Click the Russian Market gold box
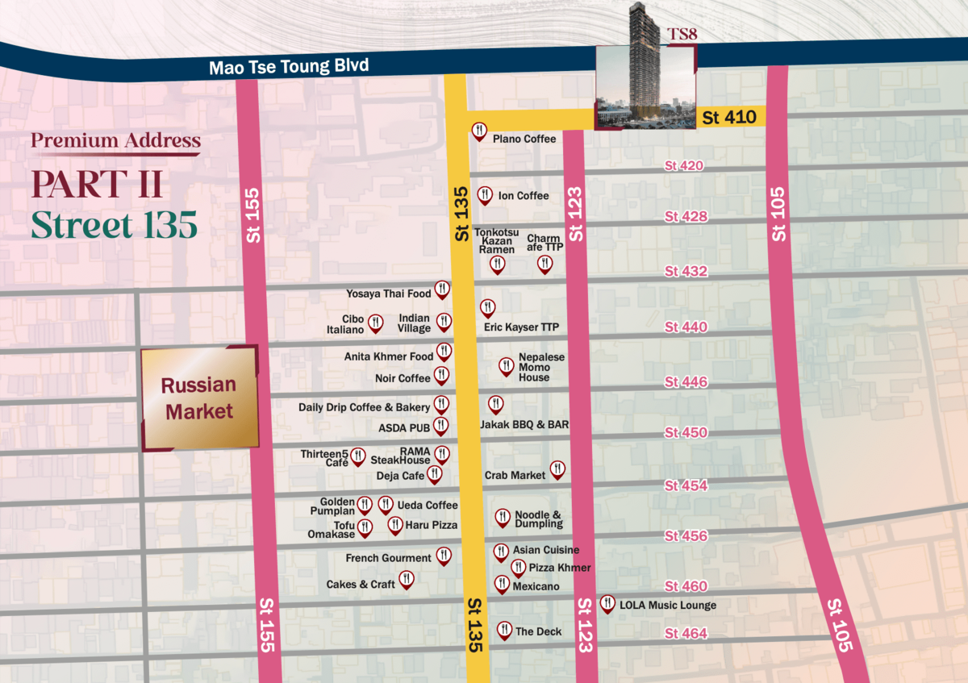pyautogui.click(x=199, y=398)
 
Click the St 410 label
pyautogui.click(x=729, y=118)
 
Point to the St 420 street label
pyautogui.click(x=684, y=166)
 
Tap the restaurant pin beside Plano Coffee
pyautogui.click(x=479, y=131)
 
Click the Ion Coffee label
pyautogui.click(x=523, y=196)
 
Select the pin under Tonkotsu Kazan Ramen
pyautogui.click(x=497, y=264)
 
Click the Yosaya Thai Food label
pyautogui.click(x=389, y=294)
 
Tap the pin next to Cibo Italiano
pyautogui.click(x=376, y=323)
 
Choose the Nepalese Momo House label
pyautogui.click(x=541, y=368)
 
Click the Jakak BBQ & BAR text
pyautogui.click(x=525, y=424)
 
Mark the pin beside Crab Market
pyautogui.click(x=557, y=469)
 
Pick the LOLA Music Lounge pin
pyautogui.click(x=607, y=603)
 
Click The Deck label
pyautogui.click(x=538, y=631)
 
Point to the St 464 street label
pyautogui.click(x=686, y=634)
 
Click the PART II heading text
pyautogui.click(x=97, y=185)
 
